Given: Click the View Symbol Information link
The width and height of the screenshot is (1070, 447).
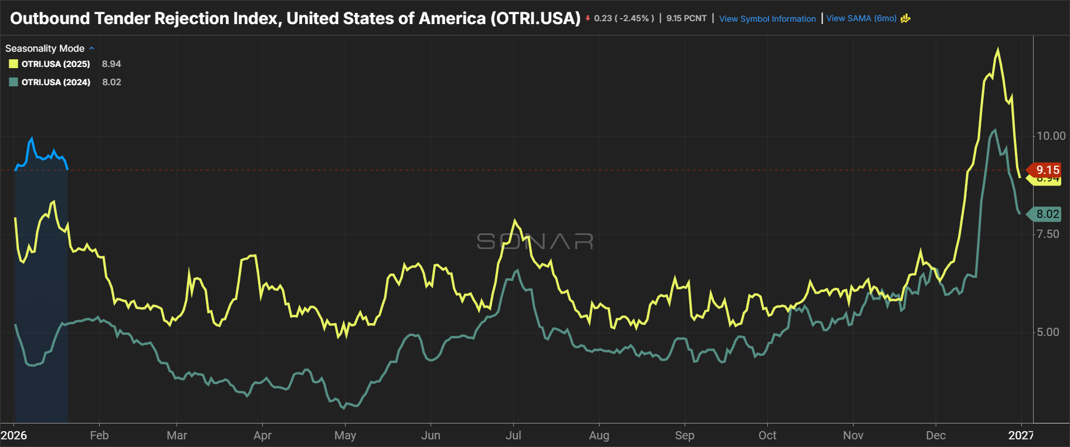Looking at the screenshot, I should coord(767,19).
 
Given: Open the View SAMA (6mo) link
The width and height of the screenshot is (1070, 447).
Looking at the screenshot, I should coord(861,18).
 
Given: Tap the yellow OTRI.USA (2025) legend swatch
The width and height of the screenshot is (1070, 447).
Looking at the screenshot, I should coord(13,64).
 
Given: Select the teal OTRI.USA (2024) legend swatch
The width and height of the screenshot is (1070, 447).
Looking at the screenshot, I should coord(13,82).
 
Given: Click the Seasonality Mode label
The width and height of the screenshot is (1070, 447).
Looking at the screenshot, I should coord(45,48).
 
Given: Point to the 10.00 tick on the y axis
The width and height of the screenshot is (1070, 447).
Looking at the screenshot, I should coord(1051,136).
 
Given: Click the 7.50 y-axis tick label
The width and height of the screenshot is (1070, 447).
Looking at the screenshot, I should coord(1048,234).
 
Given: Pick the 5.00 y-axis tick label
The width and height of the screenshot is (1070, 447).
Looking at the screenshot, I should coord(1048,332).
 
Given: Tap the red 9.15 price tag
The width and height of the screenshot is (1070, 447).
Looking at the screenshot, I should coord(1047,170).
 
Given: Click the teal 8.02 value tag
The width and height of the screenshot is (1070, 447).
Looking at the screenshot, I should coord(1047,214).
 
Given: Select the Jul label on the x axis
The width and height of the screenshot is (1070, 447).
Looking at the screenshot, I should coord(513,435).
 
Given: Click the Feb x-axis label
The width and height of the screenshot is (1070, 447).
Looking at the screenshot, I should coord(99,435).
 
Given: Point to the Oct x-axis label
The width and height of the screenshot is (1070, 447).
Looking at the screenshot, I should coord(767,435).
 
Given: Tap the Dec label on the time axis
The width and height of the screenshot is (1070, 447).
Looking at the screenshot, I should coord(936,435).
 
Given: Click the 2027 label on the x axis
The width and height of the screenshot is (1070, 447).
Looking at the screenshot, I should coord(1021,435).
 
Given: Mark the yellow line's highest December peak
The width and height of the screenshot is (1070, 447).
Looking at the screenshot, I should coord(998,50).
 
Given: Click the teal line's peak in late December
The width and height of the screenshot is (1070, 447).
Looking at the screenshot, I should coord(994,130).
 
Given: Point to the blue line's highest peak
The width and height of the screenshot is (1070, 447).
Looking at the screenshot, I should coord(32,139).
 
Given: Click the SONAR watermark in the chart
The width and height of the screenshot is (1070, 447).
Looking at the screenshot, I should coord(534,241).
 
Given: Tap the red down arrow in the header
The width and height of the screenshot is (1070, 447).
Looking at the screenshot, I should coord(587,18).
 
